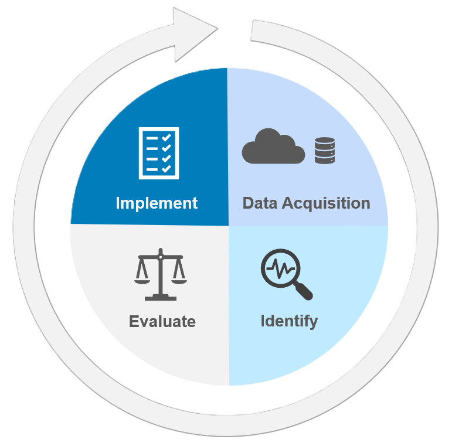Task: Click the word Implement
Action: point(157,203)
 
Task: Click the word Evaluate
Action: point(162,321)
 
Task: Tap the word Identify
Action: point(289,321)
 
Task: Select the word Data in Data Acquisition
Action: point(260,203)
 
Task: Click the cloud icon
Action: point(273,149)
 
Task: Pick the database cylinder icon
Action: point(324,151)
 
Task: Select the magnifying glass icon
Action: point(285,273)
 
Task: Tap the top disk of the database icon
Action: point(324,141)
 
